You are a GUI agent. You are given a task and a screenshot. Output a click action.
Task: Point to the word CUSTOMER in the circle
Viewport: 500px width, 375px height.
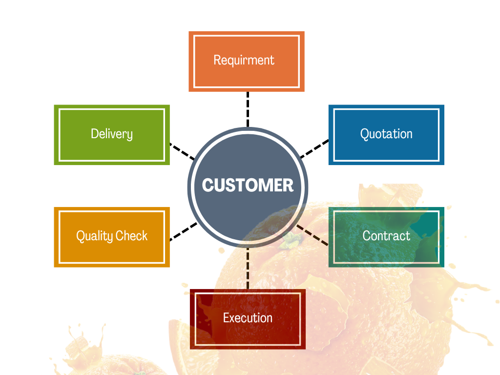point(248,185)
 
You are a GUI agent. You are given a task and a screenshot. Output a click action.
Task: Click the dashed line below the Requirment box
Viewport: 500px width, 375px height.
point(248,108)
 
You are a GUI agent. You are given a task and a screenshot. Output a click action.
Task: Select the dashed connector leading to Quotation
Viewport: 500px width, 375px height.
point(314,149)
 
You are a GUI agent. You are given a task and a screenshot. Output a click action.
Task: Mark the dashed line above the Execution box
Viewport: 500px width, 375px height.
point(248,269)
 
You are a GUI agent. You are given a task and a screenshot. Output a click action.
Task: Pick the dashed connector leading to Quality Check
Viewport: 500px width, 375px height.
point(183,232)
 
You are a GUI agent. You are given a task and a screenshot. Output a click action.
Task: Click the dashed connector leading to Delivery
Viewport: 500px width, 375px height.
point(182,151)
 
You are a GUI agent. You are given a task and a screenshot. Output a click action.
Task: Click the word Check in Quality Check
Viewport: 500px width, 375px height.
point(131,236)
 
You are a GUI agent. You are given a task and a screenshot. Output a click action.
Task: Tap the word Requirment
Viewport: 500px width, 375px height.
point(244,60)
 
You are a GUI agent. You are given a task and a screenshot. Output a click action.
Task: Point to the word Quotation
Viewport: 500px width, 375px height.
point(386,134)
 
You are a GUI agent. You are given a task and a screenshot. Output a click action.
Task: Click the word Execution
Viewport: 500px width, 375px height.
point(248,318)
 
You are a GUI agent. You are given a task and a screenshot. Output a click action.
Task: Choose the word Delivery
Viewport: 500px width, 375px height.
point(112,134)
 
